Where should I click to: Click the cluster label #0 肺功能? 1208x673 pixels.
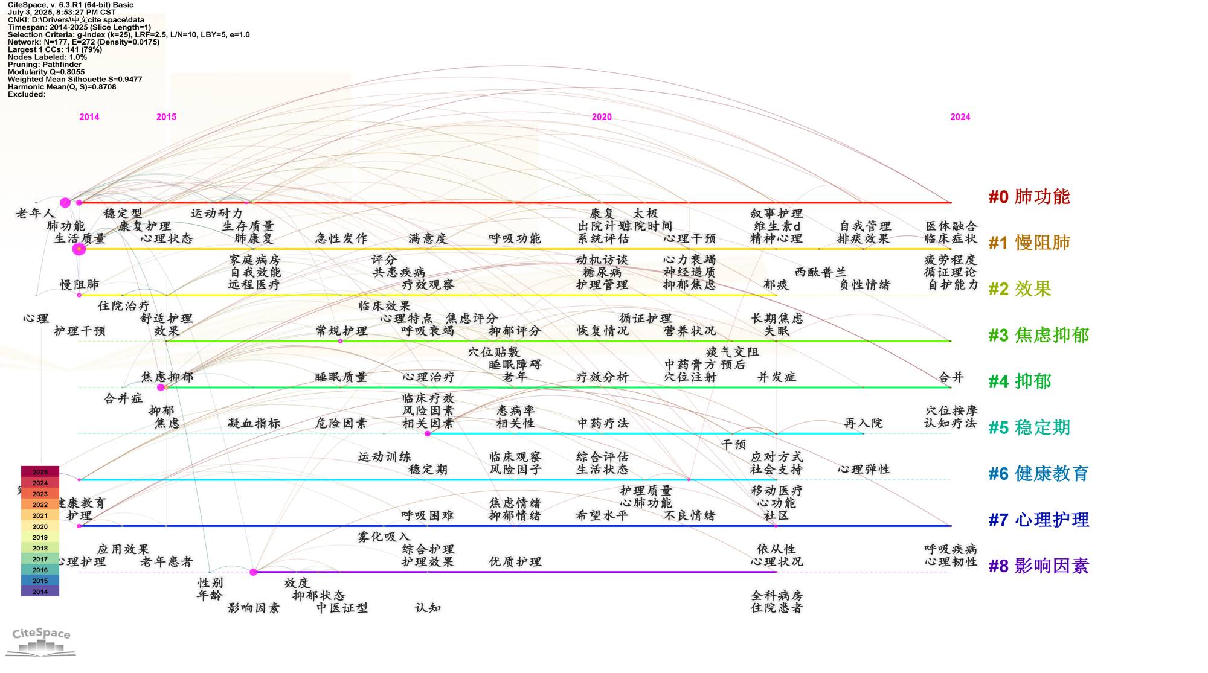click(1029, 197)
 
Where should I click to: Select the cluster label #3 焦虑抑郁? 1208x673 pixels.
click(1038, 335)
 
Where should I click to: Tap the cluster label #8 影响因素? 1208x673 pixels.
click(1038, 566)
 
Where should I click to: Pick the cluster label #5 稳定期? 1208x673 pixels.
click(1029, 427)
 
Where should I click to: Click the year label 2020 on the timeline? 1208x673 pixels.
click(602, 117)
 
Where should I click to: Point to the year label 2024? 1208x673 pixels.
click(960, 117)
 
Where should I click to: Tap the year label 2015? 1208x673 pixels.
click(166, 117)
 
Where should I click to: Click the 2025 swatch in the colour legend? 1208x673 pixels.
click(40, 472)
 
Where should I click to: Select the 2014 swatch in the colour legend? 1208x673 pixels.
click(40, 592)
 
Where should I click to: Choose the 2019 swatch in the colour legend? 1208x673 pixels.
click(40, 537)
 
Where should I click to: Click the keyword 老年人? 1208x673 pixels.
click(35, 214)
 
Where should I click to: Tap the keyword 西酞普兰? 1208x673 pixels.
click(820, 272)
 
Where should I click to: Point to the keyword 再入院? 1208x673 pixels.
click(863, 423)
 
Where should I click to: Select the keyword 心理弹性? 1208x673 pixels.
click(864, 470)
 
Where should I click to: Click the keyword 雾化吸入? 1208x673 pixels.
click(384, 537)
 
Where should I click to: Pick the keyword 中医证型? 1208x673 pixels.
click(342, 608)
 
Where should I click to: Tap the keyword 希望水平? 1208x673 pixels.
click(602, 515)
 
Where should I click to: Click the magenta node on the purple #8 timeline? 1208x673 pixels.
click(254, 572)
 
